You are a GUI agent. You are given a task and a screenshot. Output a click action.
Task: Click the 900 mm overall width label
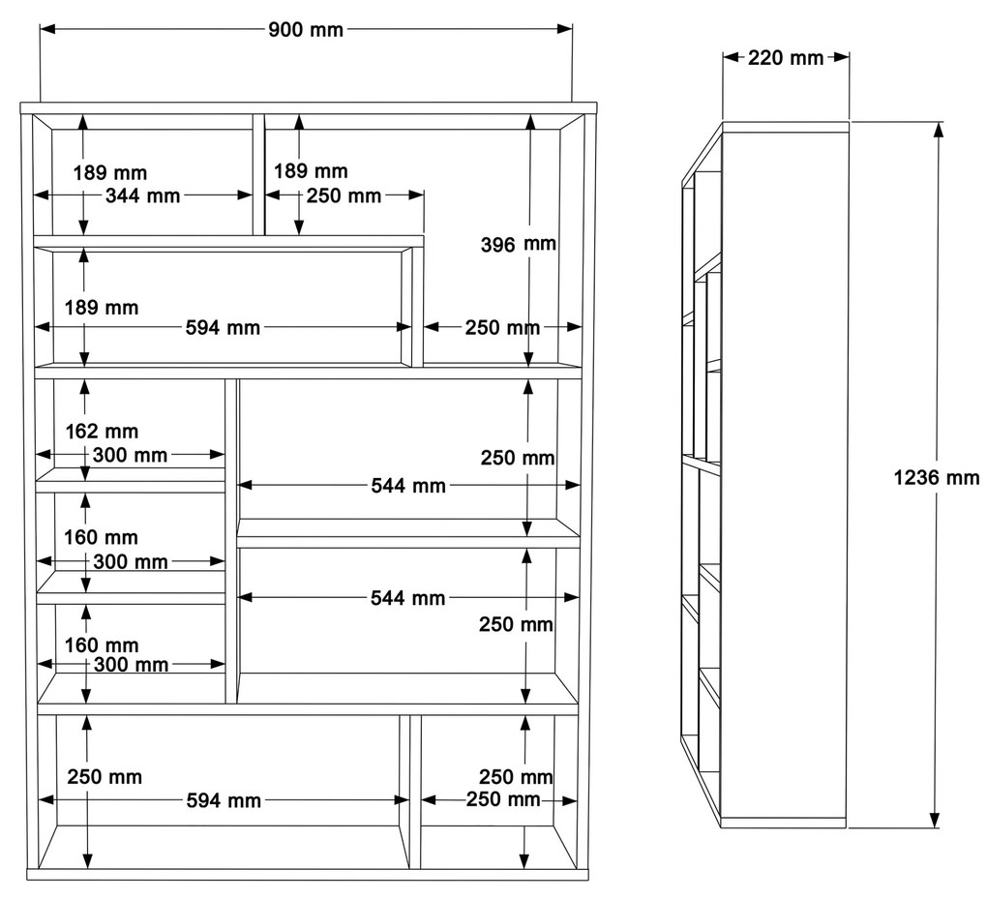[306, 29]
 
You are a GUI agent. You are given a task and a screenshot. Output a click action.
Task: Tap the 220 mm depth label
[786, 58]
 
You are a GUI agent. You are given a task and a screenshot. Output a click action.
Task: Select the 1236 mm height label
[936, 477]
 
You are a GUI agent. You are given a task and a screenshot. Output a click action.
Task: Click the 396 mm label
[519, 244]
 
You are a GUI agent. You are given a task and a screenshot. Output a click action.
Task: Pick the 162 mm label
[101, 432]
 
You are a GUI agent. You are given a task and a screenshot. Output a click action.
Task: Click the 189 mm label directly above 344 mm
[110, 173]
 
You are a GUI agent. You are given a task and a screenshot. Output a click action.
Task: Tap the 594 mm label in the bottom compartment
[223, 801]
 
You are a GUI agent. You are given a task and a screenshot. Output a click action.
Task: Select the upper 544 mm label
[408, 486]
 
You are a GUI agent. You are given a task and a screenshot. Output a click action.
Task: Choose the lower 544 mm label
[408, 598]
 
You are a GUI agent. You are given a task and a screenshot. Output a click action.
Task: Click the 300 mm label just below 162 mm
[130, 455]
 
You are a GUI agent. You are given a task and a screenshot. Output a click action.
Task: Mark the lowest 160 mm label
[101, 645]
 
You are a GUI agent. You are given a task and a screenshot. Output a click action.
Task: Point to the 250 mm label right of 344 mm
[344, 196]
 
